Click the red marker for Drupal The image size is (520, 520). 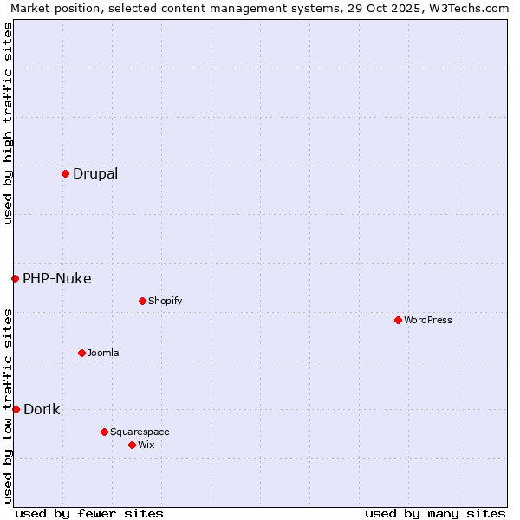tap(65, 173)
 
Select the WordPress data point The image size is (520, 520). tap(398, 320)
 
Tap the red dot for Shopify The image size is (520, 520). tap(142, 301)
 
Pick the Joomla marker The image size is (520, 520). tap(81, 353)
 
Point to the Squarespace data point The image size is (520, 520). tap(104, 432)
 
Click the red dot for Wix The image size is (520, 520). tap(132, 445)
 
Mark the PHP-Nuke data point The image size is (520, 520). tap(15, 278)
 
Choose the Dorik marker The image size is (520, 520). tap(16, 409)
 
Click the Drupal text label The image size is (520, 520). tap(95, 173)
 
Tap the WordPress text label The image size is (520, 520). tap(428, 320)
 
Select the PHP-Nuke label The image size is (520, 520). tap(57, 278)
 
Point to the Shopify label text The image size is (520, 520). tap(166, 301)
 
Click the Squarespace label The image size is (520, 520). tap(140, 432)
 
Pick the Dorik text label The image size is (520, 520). tap(42, 409)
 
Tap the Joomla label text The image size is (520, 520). tap(103, 353)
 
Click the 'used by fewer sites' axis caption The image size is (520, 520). tap(89, 513)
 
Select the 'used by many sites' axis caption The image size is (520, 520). tap(435, 513)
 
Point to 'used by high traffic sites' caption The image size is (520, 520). tap(8, 123)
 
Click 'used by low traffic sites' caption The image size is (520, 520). tap(8, 406)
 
